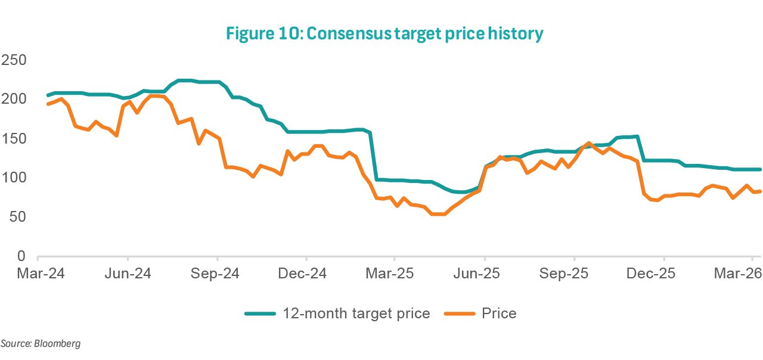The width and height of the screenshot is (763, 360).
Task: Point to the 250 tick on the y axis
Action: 14,60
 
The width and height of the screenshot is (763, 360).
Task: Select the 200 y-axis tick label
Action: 14,99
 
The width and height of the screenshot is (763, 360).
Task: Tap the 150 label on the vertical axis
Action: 14,138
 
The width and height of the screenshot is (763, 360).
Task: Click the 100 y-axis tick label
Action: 14,178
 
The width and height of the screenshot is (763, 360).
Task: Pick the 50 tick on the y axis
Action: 17,217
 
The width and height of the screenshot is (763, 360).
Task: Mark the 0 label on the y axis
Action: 21,256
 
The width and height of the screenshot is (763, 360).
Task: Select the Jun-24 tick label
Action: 128,274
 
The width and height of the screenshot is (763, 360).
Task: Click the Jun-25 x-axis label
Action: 484,274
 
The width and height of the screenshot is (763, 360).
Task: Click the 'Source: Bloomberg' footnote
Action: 41,344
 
